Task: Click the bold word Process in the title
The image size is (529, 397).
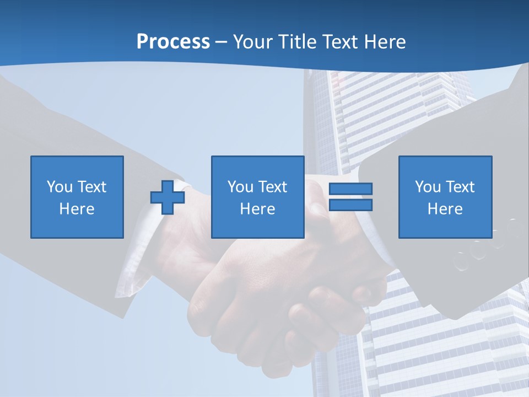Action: click(173, 42)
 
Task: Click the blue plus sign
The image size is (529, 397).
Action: click(168, 197)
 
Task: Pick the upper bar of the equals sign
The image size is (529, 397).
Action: click(350, 189)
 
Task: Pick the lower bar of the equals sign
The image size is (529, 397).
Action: click(350, 205)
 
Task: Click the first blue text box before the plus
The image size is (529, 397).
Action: click(77, 197)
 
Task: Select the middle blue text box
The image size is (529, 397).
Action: click(257, 197)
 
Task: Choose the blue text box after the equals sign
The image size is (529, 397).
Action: click(445, 197)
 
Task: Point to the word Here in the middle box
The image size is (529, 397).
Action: click(257, 209)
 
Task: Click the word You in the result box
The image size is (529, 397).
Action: click(428, 187)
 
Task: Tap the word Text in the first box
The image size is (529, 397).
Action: click(91, 187)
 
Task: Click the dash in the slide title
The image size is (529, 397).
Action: click(222, 42)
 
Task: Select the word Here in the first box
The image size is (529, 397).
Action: click(77, 209)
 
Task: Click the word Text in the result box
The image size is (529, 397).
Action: click(460, 187)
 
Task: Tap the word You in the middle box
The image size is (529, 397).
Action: click(241, 187)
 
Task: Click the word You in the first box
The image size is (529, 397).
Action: click(60, 187)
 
